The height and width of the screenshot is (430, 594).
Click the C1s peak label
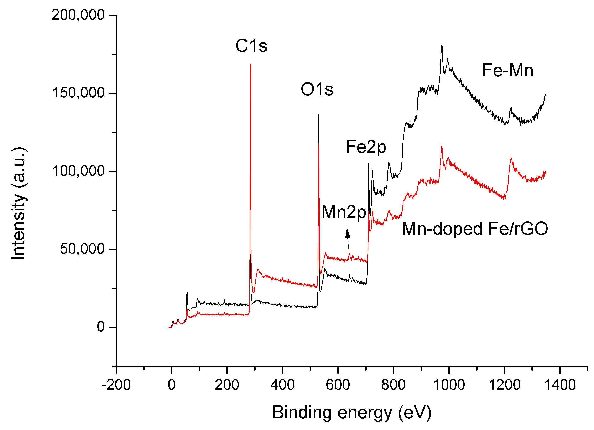click(251, 46)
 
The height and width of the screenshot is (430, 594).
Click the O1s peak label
click(317, 89)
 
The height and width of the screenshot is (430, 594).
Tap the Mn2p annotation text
click(343, 212)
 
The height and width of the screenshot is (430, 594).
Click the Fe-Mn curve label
click(507, 71)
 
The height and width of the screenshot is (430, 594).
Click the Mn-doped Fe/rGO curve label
click(475, 229)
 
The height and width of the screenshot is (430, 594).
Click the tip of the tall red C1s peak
click(250, 64)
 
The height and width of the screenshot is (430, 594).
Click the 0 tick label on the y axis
click(101, 327)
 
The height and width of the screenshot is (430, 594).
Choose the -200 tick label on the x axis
click(116, 385)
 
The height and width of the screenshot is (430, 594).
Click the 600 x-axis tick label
click(338, 385)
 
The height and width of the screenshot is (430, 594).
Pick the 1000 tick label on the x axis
click(449, 385)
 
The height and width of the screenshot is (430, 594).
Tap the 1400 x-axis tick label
click(560, 385)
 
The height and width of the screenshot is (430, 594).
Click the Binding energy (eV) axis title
click(352, 413)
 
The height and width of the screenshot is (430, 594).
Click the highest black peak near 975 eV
click(442, 45)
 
